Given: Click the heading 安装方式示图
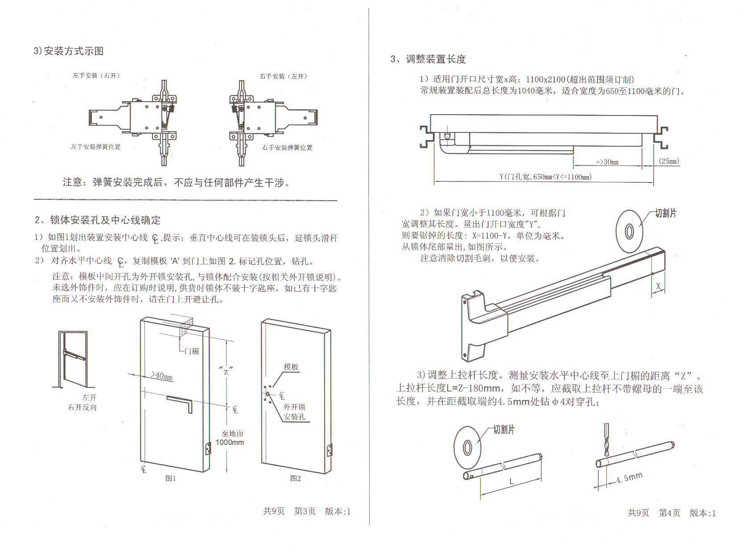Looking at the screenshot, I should pyautogui.click(x=74, y=51).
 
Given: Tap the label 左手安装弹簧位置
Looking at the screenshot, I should pyautogui.click(x=95, y=147).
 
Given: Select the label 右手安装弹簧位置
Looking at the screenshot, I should pyautogui.click(x=287, y=148).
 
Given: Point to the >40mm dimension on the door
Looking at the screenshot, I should pyautogui.click(x=161, y=377).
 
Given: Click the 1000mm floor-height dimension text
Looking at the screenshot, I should pyautogui.click(x=230, y=442).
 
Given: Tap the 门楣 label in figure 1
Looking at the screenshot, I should pyautogui.click(x=192, y=351).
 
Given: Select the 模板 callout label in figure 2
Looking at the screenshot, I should pyautogui.click(x=291, y=367).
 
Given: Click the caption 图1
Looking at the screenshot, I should pyautogui.click(x=171, y=478).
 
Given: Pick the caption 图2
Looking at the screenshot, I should pyautogui.click(x=296, y=478).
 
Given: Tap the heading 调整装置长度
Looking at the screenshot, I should pyautogui.click(x=435, y=59).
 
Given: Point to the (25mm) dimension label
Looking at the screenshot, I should pyautogui.click(x=669, y=161).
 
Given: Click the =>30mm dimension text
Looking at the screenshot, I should pyautogui.click(x=607, y=162).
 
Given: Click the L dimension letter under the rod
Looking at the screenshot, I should pyautogui.click(x=512, y=481).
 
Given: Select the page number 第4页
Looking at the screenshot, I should pyautogui.click(x=670, y=513).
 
